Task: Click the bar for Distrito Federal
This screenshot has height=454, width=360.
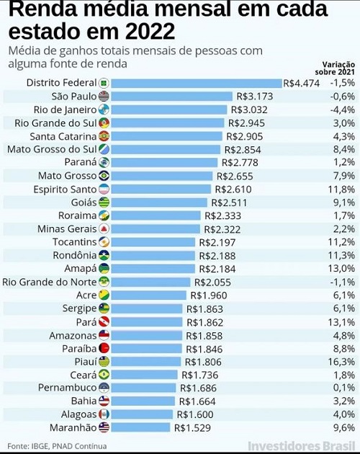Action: pyautogui.click(x=197, y=84)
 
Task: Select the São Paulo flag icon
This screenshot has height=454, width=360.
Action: pyautogui.click(x=104, y=97)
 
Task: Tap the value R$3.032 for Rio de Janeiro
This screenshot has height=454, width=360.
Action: pyautogui.click(x=249, y=110)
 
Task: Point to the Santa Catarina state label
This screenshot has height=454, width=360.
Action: pyautogui.click(x=63, y=136)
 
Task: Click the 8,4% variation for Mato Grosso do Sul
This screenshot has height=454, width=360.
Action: pyautogui.click(x=343, y=149)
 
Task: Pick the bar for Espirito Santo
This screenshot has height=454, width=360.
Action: pyautogui.click(x=161, y=189)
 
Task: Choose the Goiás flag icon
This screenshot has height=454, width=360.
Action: pyautogui.click(x=104, y=202)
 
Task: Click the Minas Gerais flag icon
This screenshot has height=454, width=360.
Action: pyautogui.click(x=104, y=228)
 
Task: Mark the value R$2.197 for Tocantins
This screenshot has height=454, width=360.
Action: pyautogui.click(x=217, y=242)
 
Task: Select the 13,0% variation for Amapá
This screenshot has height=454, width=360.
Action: pyautogui.click(x=341, y=268)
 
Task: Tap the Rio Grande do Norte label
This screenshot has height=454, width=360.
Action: pyautogui.click(x=50, y=282)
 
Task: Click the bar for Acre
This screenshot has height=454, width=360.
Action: pyautogui.click(x=149, y=295)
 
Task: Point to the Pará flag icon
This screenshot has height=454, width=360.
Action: pyautogui.click(x=104, y=321)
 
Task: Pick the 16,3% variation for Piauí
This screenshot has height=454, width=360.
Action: pyautogui.click(x=341, y=362)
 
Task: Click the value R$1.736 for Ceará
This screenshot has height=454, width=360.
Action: pyautogui.click(x=199, y=375)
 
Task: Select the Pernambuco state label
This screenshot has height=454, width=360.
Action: pyautogui.click(x=68, y=388)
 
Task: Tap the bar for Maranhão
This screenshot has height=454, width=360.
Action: pyautogui.click(x=140, y=427)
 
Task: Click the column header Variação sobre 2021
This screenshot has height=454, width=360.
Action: pyautogui.click(x=335, y=68)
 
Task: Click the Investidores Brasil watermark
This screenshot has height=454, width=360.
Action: pyautogui.click(x=302, y=446)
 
